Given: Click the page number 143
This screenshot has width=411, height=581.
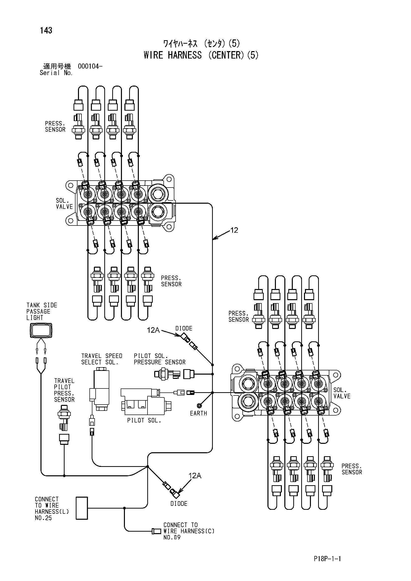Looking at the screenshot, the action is coord(46,30).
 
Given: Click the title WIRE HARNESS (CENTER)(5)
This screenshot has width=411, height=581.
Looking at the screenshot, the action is coord(201,55).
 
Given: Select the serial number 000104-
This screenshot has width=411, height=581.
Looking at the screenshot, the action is coord(90,66).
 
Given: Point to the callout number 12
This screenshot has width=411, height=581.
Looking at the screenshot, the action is coord(234,230).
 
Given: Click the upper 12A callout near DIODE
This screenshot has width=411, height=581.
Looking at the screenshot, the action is coord(153,330).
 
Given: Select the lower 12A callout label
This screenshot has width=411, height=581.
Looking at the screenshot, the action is coord(195,476).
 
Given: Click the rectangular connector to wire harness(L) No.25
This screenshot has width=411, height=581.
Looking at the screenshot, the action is coord(82,508).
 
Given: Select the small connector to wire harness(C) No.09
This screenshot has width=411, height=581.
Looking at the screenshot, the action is coord(156,531).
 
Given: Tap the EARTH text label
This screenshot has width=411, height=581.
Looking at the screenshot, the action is coord(198,413).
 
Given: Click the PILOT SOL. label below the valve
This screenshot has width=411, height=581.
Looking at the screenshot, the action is coord(144,420).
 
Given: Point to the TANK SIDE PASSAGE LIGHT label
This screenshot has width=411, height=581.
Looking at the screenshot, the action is coord(42,312).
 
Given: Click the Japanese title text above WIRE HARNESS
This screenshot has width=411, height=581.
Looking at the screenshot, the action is coord(201,44).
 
